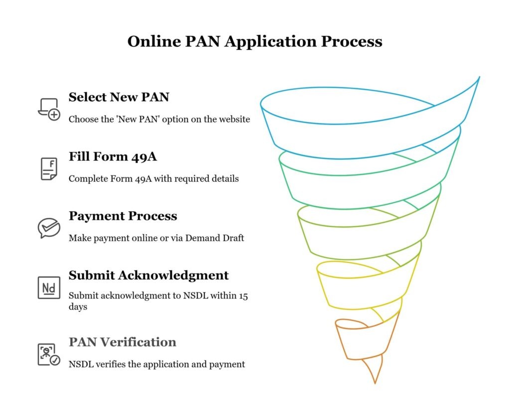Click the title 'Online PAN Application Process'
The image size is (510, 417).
coord(255,41)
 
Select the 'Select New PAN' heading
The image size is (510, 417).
coord(119,97)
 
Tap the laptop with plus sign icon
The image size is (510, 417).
coord(49,109)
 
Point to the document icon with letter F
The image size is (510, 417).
coord(49,168)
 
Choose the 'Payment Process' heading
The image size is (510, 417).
coord(123,216)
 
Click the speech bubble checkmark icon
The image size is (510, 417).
coord(49,228)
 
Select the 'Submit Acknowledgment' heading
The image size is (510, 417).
coord(148,275)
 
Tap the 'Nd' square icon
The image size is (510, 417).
coord(49,287)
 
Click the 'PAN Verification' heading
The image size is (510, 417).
coord(122,342)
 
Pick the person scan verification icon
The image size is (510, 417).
coord(49,354)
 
